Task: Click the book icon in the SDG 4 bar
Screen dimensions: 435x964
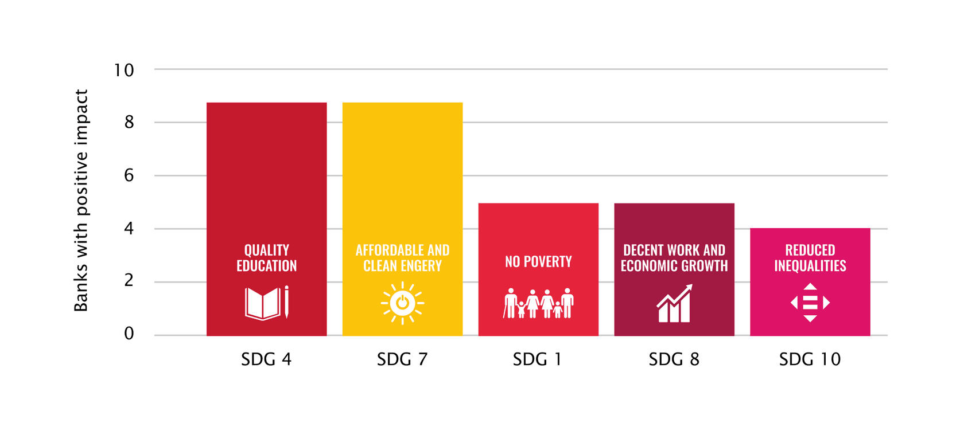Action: (266, 303)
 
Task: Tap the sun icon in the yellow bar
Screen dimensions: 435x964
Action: (402, 303)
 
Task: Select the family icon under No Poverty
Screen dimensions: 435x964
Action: (538, 303)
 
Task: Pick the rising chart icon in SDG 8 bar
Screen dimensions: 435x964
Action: (674, 304)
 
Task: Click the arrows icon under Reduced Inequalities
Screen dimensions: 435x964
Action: (810, 303)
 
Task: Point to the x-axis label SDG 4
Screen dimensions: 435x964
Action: (266, 359)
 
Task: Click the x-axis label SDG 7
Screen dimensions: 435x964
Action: (402, 359)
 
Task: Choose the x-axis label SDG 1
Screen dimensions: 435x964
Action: (537, 359)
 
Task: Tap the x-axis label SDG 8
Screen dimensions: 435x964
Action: (674, 359)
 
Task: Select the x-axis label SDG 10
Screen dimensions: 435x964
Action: (810, 359)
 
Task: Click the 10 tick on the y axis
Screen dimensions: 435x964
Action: (124, 70)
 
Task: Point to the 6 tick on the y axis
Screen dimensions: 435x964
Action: (129, 175)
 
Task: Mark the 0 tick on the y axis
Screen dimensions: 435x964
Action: (129, 334)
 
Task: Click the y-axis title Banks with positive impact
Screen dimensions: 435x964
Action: (81, 201)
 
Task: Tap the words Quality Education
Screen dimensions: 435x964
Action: (267, 258)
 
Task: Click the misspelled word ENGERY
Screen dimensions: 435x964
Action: (422, 266)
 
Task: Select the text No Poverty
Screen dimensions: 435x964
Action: (538, 262)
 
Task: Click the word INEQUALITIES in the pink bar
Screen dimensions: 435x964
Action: (810, 266)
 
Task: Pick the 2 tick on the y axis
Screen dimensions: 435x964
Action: (129, 280)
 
